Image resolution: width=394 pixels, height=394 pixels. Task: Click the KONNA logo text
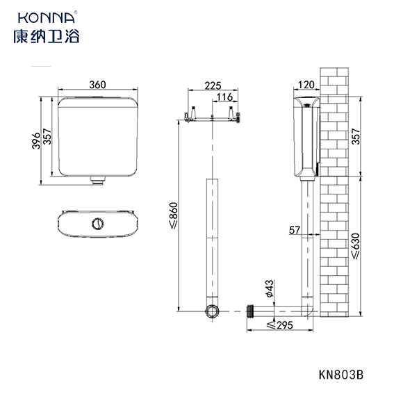[x=47, y=17]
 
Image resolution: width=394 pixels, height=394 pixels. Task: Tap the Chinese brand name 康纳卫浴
[x=47, y=36]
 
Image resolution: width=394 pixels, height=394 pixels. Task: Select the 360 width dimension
[x=98, y=85]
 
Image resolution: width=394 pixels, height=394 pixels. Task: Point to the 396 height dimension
[x=36, y=140]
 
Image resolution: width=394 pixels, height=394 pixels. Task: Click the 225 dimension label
[x=213, y=85]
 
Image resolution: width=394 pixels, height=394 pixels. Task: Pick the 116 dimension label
[x=224, y=97]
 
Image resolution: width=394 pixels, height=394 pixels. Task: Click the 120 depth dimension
[x=306, y=85]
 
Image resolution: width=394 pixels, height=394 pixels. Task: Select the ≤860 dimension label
[x=174, y=215]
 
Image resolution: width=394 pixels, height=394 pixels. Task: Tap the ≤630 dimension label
[x=356, y=246]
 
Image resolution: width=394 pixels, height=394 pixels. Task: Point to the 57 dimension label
[x=295, y=230]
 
